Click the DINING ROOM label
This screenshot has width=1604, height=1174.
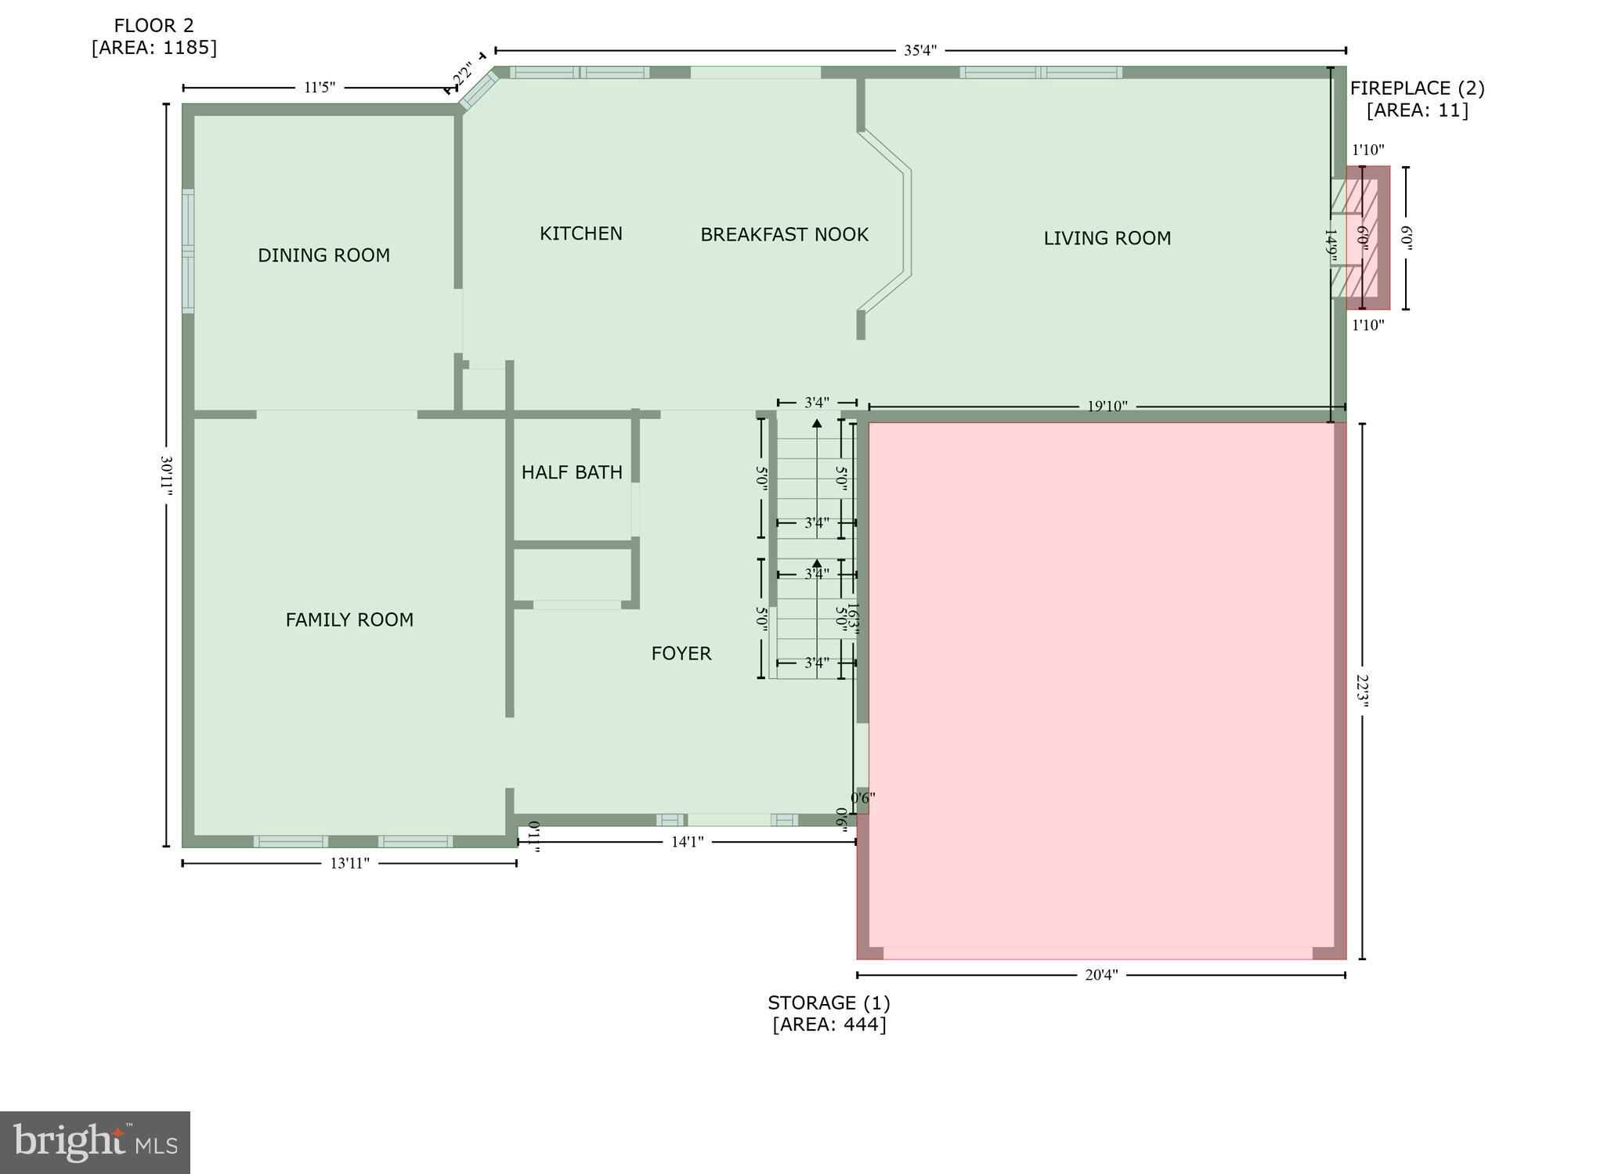[323, 255]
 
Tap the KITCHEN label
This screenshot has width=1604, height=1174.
[580, 233]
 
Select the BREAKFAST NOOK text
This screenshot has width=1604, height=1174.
[784, 235]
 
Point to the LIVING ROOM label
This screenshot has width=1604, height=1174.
[1107, 238]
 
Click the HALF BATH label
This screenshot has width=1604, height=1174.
[572, 472]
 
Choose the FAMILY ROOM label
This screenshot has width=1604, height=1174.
[349, 620]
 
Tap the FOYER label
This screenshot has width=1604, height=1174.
[681, 653]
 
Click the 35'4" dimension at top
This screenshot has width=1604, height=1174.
[919, 51]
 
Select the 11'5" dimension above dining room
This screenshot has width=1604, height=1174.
[320, 88]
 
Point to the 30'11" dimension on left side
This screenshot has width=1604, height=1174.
[166, 475]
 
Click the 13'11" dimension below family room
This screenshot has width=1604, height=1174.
[349, 863]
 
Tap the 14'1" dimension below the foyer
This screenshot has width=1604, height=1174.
[687, 842]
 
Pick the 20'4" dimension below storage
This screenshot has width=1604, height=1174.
[1100, 975]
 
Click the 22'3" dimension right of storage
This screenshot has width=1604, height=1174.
[1363, 691]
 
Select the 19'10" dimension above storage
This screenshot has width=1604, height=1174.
[1107, 406]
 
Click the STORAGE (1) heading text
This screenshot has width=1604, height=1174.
[829, 1003]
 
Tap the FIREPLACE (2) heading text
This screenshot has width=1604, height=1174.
[1417, 89]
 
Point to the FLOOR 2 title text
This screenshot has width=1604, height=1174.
[154, 26]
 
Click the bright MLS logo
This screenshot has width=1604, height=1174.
[95, 1142]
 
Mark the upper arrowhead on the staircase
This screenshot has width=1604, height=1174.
[817, 424]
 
